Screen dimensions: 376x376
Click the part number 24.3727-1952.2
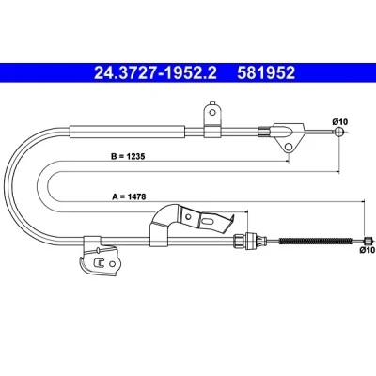point(155,73)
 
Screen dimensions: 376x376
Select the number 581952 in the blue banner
point(266,73)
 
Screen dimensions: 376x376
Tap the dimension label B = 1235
point(128,156)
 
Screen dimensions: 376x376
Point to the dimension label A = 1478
point(129,196)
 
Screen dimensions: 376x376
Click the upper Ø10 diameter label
point(340,121)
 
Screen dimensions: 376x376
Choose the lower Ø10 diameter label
point(368,250)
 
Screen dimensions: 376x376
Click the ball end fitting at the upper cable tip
point(339,132)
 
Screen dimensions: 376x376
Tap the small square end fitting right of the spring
point(368,241)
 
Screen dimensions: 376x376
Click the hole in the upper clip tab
point(212,112)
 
